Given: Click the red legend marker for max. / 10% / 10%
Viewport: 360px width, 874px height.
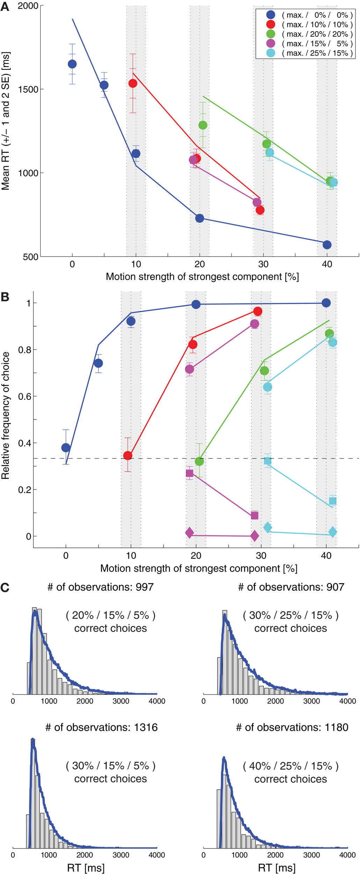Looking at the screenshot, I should coord(271,24).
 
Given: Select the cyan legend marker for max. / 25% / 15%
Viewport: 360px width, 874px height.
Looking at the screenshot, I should coord(271,53).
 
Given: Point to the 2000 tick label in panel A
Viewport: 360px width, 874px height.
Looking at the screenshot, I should coord(28,6).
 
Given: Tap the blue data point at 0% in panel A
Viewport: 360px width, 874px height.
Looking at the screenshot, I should coord(72,64).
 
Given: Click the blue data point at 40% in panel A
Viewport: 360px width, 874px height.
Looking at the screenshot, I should coord(327,245).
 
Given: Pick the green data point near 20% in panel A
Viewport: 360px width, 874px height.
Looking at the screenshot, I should coord(203,125).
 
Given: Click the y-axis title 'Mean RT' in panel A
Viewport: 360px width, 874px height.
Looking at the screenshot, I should coord(6,121).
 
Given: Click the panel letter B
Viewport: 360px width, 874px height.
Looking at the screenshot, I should coord(5,297).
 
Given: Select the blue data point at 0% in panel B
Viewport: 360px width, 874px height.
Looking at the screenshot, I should coord(66,447).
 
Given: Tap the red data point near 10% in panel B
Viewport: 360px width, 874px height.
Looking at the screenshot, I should coord(128,456).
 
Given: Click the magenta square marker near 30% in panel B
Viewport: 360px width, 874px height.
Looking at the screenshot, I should coord(254,515).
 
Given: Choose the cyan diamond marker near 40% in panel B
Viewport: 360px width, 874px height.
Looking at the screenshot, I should coord(332,532).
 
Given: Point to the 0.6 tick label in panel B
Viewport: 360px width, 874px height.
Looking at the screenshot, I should coord(24,396).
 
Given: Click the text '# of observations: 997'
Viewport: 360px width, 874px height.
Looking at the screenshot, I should coord(101,587).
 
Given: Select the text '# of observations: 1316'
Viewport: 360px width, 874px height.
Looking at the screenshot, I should coord(101,728).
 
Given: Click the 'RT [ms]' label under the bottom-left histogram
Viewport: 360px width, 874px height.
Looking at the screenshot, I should coord(86,868).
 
